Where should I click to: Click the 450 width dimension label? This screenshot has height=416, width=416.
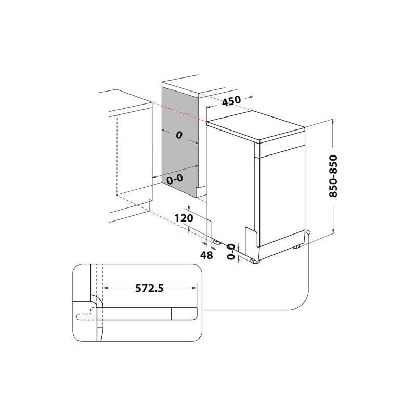click(x=231, y=101)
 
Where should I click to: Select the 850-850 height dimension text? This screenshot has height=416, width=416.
click(x=333, y=176)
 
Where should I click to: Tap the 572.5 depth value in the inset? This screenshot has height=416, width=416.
click(x=149, y=288)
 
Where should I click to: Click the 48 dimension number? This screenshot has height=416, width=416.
click(x=206, y=255)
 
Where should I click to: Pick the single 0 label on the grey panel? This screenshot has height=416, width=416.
click(x=178, y=135)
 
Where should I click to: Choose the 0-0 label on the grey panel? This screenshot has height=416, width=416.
click(x=175, y=179)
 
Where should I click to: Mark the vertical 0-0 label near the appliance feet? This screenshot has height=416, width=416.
click(x=231, y=251)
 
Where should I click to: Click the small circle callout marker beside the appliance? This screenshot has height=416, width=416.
click(x=309, y=232)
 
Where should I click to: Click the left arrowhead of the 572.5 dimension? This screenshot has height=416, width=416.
click(x=105, y=287)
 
